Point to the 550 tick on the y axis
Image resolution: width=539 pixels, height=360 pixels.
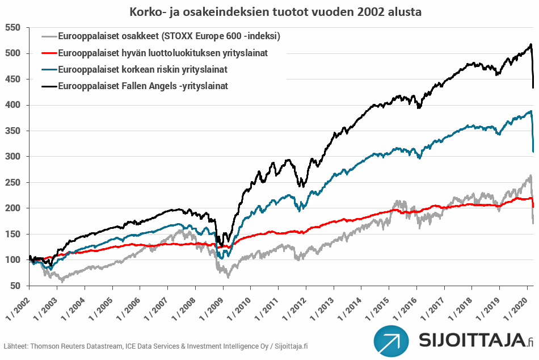(13, 28)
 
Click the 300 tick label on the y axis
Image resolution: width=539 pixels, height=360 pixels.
(13, 157)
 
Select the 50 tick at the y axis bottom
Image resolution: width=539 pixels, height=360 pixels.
(15, 286)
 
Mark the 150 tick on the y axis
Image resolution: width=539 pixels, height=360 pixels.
(13, 234)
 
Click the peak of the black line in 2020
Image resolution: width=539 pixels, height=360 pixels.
(530, 44)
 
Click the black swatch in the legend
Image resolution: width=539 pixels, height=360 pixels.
(50, 86)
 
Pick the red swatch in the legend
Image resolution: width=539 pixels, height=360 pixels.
(50, 53)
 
